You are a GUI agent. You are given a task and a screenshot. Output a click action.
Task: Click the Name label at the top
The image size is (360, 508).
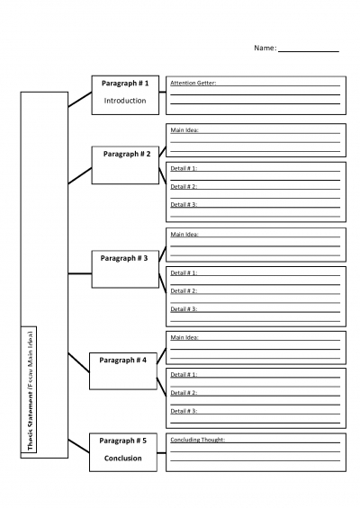click(265, 48)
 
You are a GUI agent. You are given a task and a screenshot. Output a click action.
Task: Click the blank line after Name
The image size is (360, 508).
click(309, 51)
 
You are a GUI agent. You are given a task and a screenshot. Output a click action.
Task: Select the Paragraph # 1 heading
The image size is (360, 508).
click(125, 84)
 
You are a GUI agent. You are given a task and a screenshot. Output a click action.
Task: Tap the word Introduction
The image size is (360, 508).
click(125, 101)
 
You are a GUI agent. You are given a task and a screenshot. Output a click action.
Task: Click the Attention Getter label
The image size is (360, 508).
click(193, 83)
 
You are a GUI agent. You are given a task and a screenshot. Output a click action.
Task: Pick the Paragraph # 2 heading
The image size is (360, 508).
click(127, 155)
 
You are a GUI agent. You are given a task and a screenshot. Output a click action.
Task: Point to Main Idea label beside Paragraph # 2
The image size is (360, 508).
click(184, 130)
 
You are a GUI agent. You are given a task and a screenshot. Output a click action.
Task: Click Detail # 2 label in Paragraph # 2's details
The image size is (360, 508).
click(184, 187)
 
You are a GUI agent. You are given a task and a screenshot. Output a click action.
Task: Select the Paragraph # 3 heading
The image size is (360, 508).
click(124, 259)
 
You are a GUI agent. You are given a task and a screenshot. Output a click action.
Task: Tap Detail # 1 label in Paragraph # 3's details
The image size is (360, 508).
click(184, 273)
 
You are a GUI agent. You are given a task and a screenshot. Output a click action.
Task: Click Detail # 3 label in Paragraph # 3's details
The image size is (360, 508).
click(184, 309)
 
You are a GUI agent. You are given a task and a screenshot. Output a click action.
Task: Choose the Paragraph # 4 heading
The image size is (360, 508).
click(123, 361)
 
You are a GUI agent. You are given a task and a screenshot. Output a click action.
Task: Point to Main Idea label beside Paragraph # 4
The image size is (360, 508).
click(184, 337)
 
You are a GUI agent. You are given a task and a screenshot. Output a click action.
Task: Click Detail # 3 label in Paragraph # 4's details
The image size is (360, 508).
click(184, 411)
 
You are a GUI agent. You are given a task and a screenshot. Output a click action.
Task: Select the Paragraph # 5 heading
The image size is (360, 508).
click(123, 441)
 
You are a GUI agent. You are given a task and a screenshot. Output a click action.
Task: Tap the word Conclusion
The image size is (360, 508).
click(123, 459)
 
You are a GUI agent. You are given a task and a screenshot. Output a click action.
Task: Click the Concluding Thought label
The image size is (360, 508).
click(198, 440)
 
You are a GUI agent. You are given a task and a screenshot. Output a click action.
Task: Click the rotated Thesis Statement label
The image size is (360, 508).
click(31, 390)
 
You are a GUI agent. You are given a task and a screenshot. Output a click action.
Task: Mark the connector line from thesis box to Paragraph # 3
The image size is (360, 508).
click(80, 273)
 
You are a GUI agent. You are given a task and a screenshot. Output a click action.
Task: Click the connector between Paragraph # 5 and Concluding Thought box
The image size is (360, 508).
click(161, 453)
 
